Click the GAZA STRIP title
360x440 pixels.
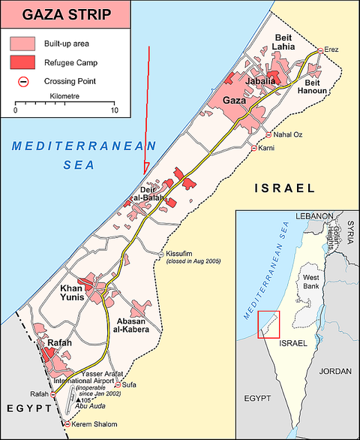point(67,15)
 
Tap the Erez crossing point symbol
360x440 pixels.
point(320,50)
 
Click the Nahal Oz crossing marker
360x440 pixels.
point(269,134)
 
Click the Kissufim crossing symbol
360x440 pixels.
point(160,255)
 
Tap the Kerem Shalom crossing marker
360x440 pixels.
point(67,425)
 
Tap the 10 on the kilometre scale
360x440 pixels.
point(114,110)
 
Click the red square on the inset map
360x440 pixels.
point(268,324)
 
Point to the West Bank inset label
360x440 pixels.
point(311,283)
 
